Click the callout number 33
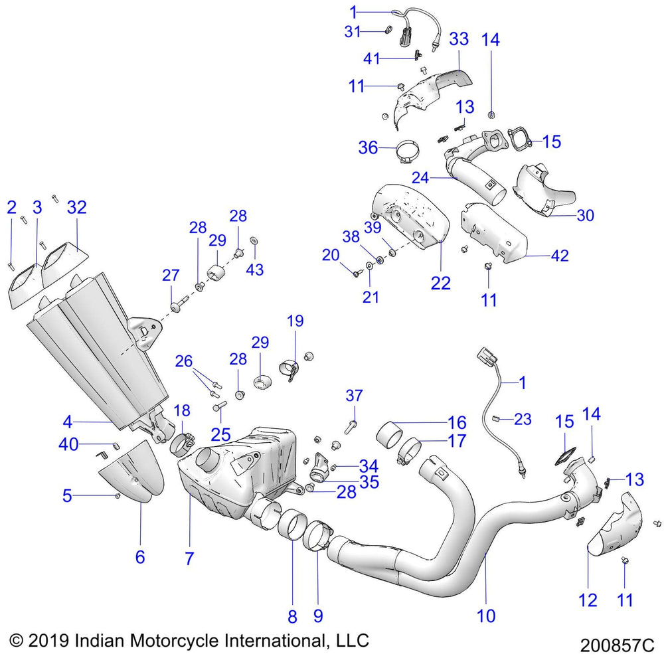(458, 39)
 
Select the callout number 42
(560, 256)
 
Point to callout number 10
(486, 616)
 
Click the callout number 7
(189, 558)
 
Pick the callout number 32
(77, 207)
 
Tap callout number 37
(355, 396)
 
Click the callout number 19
(295, 322)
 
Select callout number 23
(523, 419)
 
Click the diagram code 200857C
(617, 645)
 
